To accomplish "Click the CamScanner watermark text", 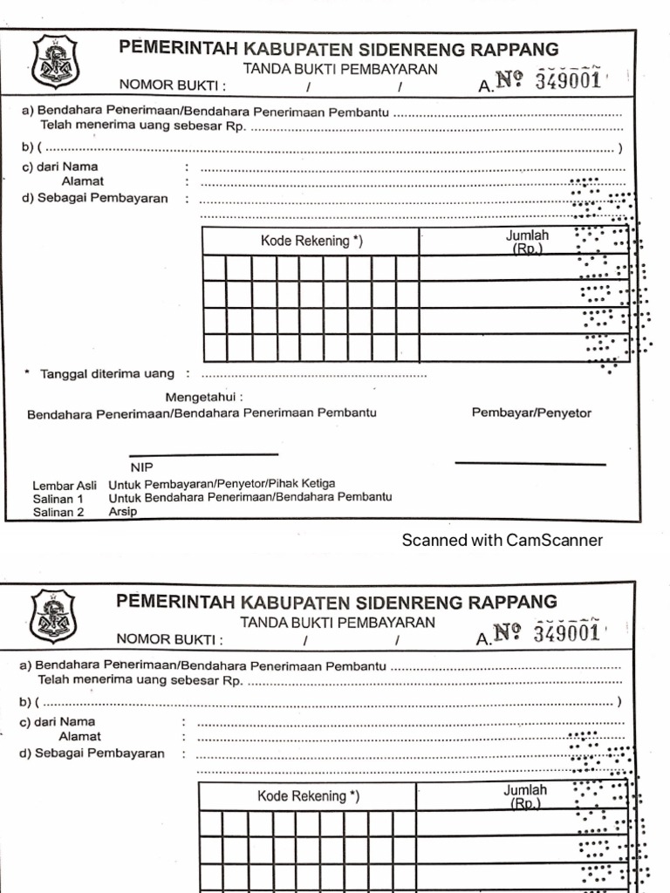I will click(502, 540).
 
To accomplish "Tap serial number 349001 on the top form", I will click(568, 81).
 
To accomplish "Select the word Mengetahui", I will click(209, 399).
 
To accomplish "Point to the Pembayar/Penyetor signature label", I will click(530, 412).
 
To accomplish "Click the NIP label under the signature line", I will click(141, 468).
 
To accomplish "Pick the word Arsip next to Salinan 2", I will click(123, 512).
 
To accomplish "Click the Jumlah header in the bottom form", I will click(525, 790).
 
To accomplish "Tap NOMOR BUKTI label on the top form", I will click(177, 85).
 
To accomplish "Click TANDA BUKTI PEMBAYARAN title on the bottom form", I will click(337, 622).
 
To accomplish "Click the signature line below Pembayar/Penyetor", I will click(530, 464).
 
